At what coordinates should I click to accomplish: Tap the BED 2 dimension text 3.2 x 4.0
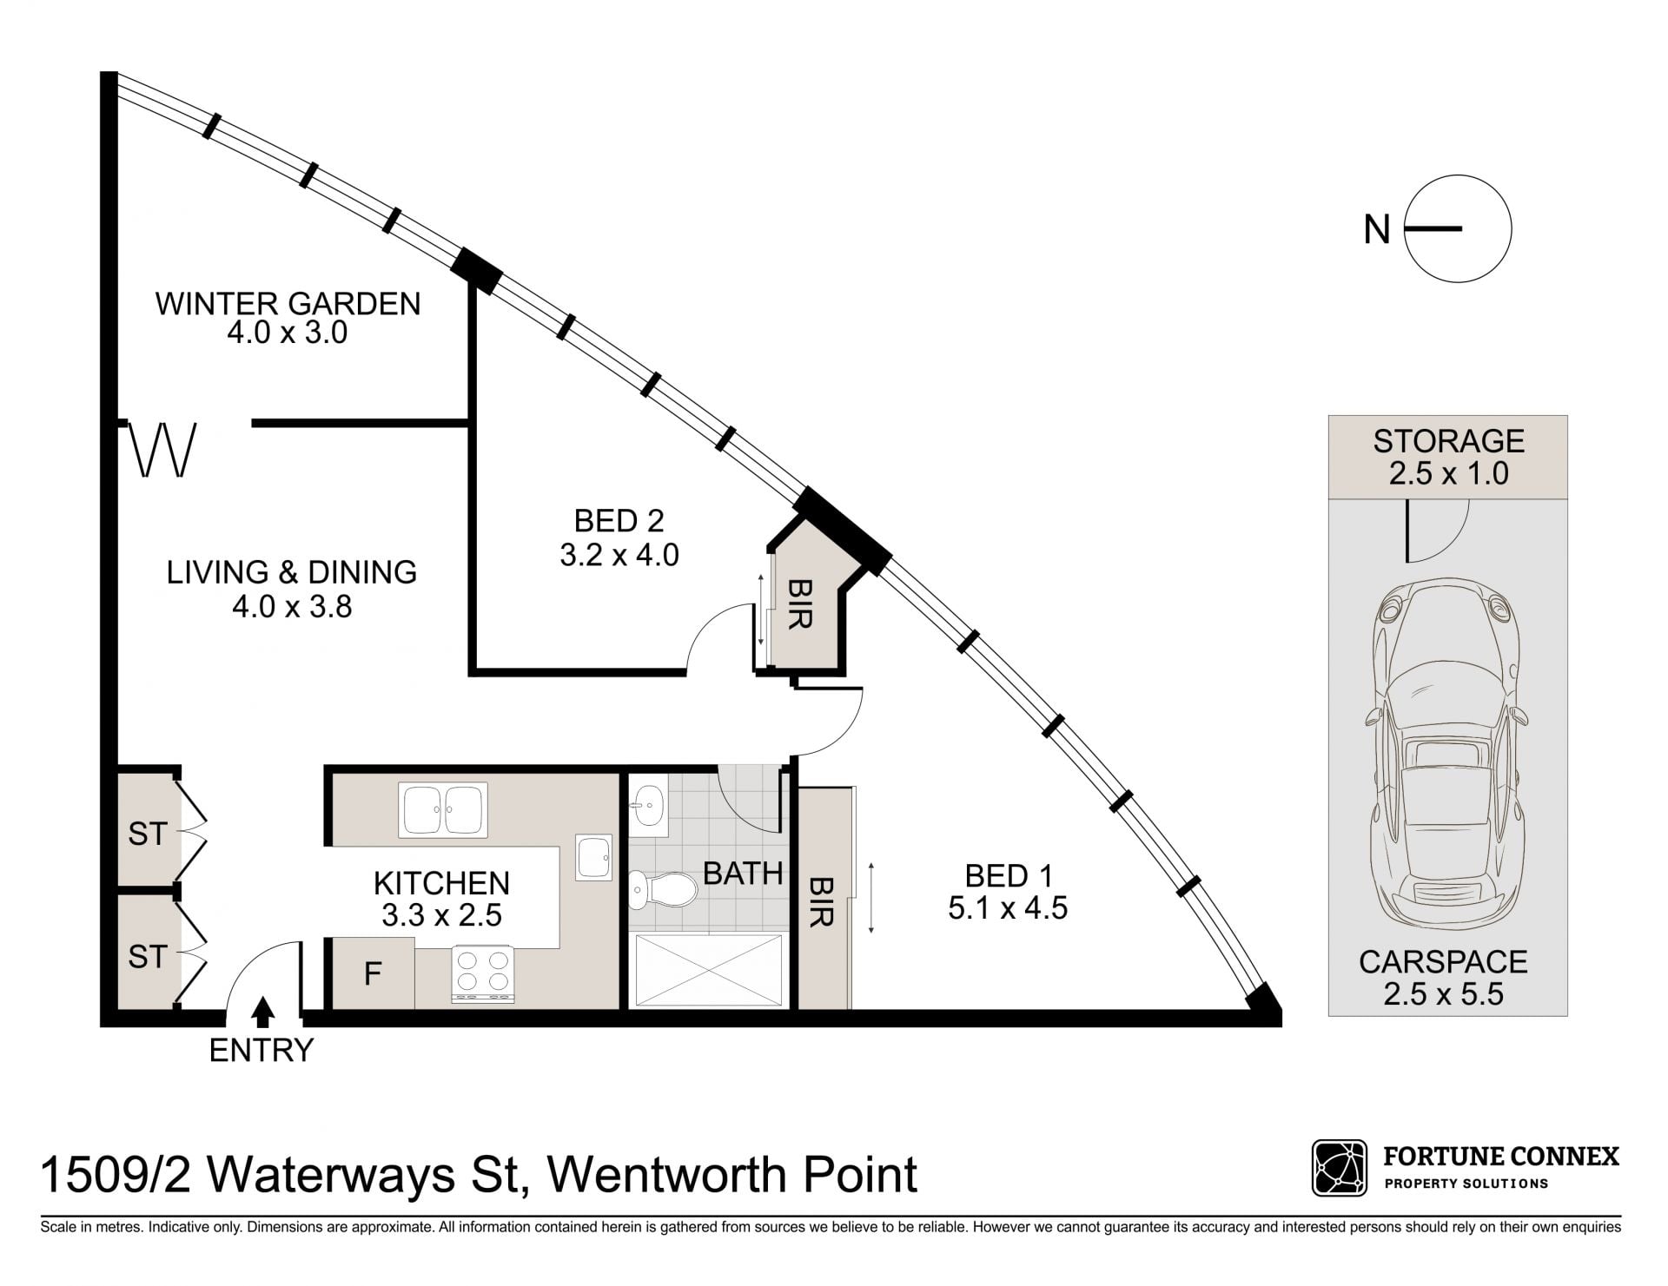[x=619, y=555]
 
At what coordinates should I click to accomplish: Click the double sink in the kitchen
[x=442, y=810]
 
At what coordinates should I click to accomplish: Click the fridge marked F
[x=373, y=973]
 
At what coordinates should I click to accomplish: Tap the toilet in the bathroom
[x=663, y=889]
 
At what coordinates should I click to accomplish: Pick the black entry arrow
[x=263, y=1012]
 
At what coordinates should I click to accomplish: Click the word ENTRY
[x=261, y=1051]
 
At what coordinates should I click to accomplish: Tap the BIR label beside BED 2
[x=799, y=604]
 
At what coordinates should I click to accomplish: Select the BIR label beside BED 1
[x=820, y=901]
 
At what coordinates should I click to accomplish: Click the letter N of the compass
[x=1377, y=230]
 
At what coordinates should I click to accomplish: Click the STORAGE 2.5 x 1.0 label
[x=1448, y=457]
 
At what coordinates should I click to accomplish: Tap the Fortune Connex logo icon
[x=1340, y=1168]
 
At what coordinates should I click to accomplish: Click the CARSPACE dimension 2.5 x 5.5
[x=1443, y=993]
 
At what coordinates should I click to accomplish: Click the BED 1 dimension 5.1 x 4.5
[x=1008, y=908]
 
